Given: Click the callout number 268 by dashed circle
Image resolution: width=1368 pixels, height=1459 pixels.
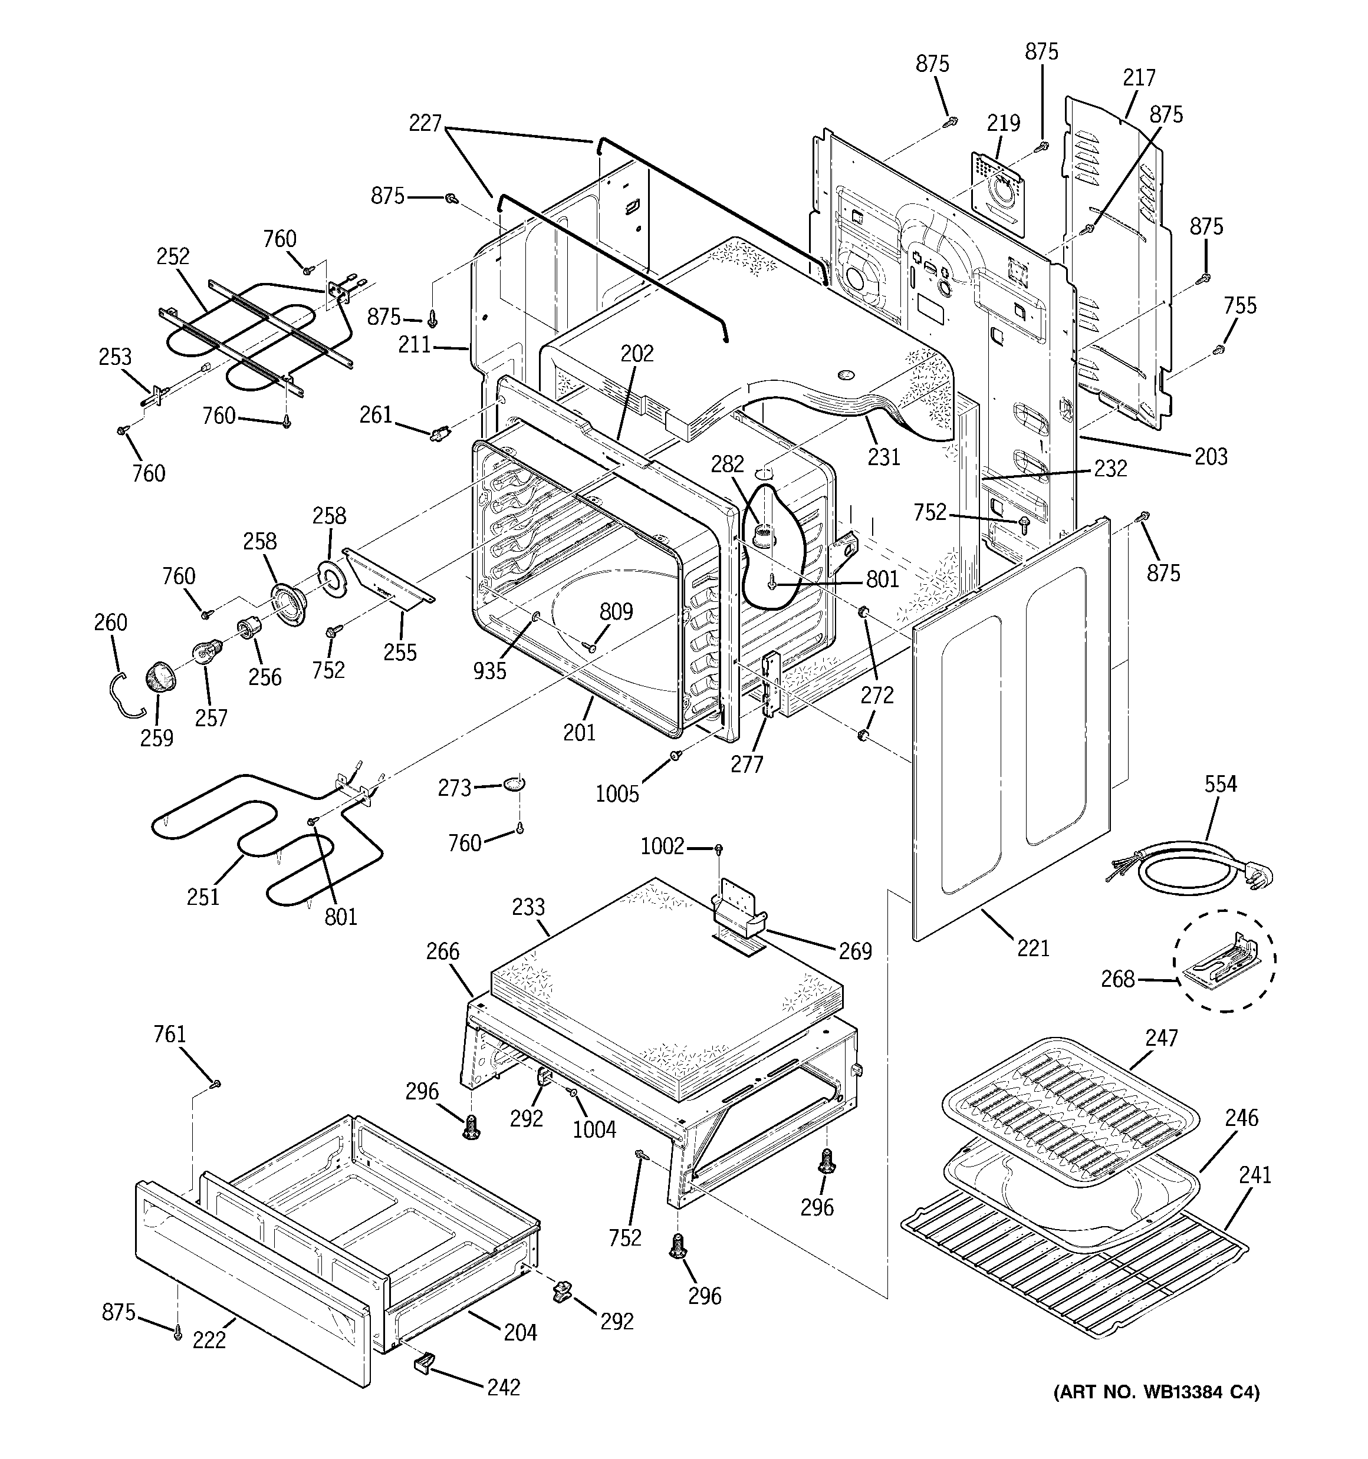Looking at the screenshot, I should (x=1117, y=979).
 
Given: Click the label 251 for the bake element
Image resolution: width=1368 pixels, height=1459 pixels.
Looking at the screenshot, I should (x=203, y=896).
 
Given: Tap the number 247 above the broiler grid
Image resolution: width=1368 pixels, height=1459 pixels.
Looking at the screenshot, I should (x=1161, y=1038).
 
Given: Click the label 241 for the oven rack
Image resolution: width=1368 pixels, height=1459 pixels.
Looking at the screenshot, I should (x=1255, y=1175).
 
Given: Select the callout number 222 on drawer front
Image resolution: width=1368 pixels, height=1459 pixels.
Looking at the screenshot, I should (x=209, y=1339).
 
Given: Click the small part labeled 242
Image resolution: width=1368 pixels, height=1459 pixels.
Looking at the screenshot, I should (x=422, y=1362).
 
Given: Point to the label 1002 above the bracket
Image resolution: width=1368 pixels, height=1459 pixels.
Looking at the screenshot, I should (x=662, y=846).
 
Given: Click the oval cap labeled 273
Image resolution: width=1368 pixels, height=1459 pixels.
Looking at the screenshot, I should (x=515, y=785).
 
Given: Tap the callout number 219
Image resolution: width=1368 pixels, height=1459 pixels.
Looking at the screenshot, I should (x=1003, y=123).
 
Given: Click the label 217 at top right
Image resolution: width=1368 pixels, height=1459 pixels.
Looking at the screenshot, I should (x=1139, y=77).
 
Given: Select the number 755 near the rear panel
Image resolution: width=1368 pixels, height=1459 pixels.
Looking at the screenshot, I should (x=1239, y=305).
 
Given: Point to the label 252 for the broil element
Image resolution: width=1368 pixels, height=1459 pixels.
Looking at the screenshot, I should (x=173, y=256).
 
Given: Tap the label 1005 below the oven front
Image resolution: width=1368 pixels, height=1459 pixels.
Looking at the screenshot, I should (x=617, y=793).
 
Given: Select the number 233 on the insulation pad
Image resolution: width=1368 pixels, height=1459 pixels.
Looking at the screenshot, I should (x=528, y=907).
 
